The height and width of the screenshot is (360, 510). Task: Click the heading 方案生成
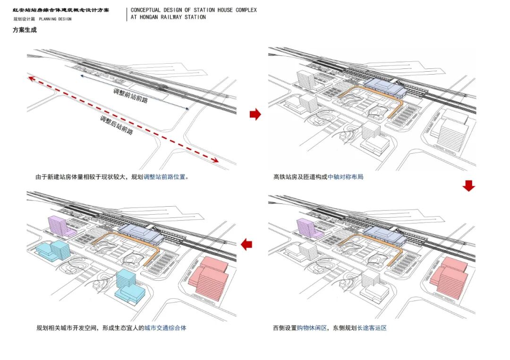pyautogui.click(x=25, y=30)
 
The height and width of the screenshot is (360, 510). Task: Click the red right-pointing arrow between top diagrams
pyautogui.click(x=255, y=114)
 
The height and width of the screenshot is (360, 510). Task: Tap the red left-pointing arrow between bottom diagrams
pyautogui.click(x=246, y=244)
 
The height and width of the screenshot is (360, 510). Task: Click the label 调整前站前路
pyautogui.click(x=130, y=96)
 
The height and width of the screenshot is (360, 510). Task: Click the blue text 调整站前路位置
pyautogui.click(x=166, y=177)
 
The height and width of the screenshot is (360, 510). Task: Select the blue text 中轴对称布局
pyautogui.click(x=346, y=177)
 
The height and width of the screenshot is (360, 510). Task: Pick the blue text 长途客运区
pyautogui.click(x=372, y=327)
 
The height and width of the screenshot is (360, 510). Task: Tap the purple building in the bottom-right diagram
pyautogui.click(x=309, y=227)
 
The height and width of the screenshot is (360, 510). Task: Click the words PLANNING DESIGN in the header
pyautogui.click(x=55, y=19)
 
